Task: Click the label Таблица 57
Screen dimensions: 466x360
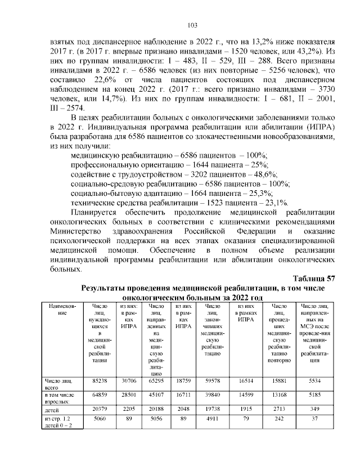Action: [314, 278]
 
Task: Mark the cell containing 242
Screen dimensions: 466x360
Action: [280, 419]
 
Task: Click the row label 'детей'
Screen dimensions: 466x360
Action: [53, 408]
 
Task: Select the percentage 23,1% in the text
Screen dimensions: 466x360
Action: [276, 203]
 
